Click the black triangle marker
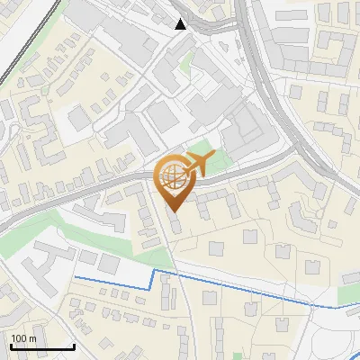coord(181,23)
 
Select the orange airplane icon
coord(198,164)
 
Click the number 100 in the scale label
coord(19,338)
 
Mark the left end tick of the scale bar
coord(11,346)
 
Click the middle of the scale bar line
coord(42,347)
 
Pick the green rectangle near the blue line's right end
coord(348,293)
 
